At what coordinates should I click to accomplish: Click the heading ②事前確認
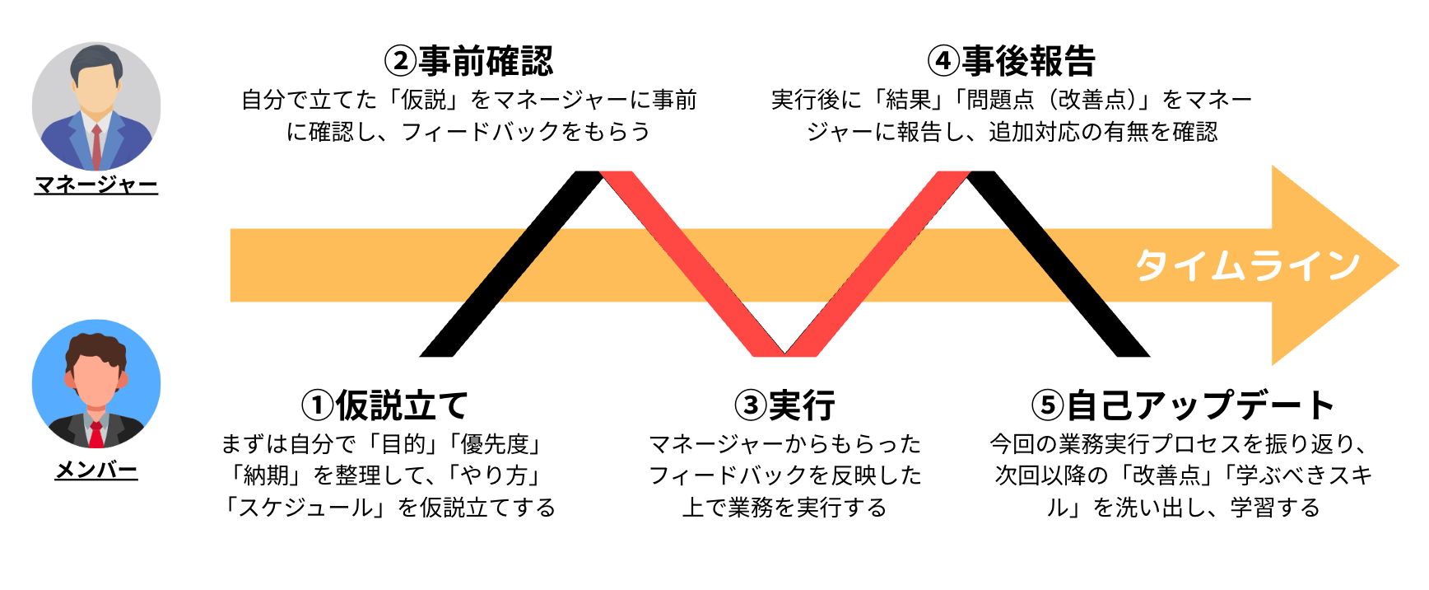tap(469, 61)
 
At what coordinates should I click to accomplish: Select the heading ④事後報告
tap(1012, 61)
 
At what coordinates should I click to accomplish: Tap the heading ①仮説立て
tap(384, 405)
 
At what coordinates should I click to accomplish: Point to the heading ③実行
tap(784, 405)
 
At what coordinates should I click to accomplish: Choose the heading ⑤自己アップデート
tap(1182, 405)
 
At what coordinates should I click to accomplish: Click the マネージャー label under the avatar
tap(96, 185)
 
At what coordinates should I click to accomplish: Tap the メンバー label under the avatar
tap(96, 470)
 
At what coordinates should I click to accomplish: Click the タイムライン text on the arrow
tap(1247, 265)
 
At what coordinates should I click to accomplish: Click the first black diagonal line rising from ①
tap(510, 264)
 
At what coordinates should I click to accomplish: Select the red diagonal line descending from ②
tap(691, 264)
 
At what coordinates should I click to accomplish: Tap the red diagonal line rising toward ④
tap(877, 264)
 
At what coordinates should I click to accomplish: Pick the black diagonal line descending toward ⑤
tap(1058, 264)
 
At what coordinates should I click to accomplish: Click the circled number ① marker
tap(317, 405)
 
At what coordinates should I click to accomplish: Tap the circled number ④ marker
tap(943, 61)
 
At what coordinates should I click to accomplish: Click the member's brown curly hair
tap(96, 346)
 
